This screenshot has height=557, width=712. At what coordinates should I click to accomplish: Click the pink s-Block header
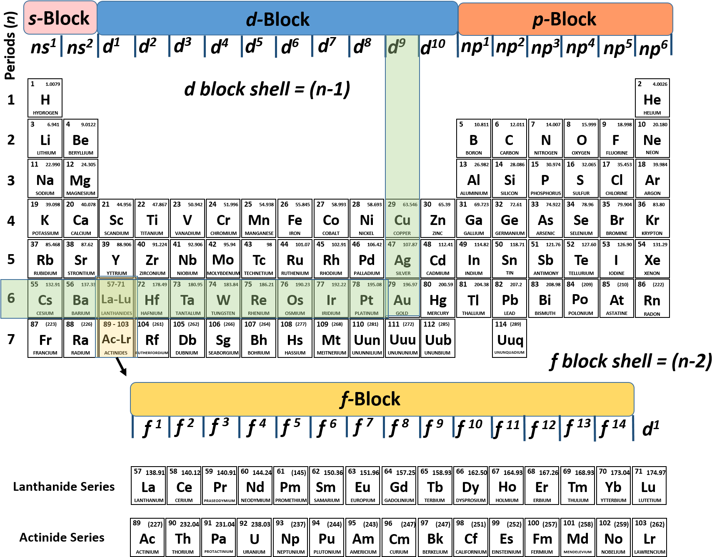(x=60, y=18)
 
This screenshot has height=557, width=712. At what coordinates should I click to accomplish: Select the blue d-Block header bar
(x=277, y=19)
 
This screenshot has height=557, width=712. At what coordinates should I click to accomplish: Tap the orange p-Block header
(x=565, y=19)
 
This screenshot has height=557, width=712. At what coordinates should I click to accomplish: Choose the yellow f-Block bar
(x=382, y=399)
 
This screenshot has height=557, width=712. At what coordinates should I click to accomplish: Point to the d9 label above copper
(x=396, y=46)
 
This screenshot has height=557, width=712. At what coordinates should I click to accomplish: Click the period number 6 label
(x=11, y=298)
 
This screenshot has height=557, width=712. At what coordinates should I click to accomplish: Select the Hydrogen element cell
(x=45, y=98)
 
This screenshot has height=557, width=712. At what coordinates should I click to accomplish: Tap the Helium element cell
(x=652, y=98)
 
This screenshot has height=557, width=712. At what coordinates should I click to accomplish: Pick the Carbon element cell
(x=509, y=138)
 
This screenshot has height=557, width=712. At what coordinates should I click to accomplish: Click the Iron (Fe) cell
(x=295, y=219)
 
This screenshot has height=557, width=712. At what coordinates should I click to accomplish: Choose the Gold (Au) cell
(x=402, y=299)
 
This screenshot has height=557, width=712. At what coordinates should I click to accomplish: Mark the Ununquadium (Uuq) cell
(x=510, y=338)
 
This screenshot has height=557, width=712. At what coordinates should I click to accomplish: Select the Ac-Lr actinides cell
(x=116, y=338)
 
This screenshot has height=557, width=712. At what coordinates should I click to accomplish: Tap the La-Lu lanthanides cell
(x=116, y=298)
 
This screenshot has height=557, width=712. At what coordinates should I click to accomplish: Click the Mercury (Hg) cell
(x=438, y=299)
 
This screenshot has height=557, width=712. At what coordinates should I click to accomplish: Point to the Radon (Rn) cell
(x=652, y=299)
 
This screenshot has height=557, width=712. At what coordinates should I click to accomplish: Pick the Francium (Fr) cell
(x=45, y=338)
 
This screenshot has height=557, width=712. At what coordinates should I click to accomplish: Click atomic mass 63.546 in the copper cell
(x=410, y=205)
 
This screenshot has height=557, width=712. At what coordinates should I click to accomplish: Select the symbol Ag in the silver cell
(x=402, y=260)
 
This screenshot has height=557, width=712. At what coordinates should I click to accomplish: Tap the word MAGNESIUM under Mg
(x=81, y=193)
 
